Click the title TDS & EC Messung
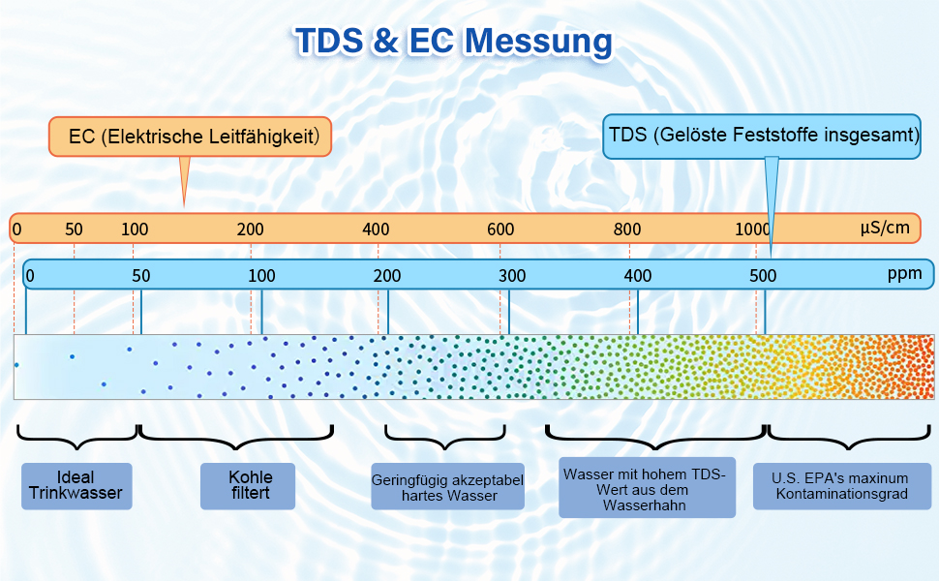click(453, 42)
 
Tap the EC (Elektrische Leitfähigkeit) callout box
click(191, 137)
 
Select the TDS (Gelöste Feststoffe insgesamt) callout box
click(761, 136)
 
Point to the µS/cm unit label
click(885, 229)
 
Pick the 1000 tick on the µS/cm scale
click(752, 229)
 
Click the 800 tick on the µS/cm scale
click(627, 229)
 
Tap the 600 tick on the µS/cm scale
click(500, 229)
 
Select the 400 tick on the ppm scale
click(638, 275)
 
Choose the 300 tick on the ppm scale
click(512, 275)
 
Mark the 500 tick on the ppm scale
click(763, 275)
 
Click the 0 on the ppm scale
click(30, 275)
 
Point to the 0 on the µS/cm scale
click(16, 229)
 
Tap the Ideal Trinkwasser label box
click(76, 486)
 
